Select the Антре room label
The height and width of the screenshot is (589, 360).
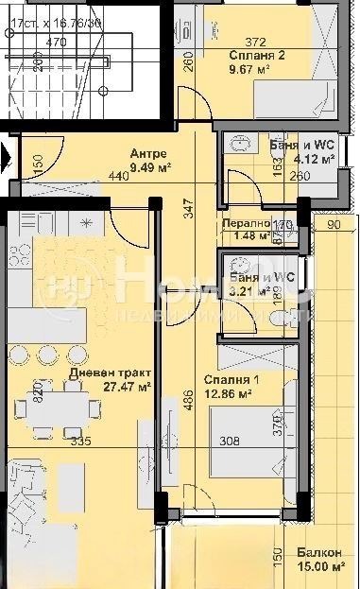coord(148,154)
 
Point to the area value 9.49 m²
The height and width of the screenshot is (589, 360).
coord(148,168)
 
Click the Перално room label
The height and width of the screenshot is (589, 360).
coord(245,224)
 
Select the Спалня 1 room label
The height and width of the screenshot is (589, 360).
coord(228,380)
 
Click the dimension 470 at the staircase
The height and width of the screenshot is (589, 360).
coord(56,42)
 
